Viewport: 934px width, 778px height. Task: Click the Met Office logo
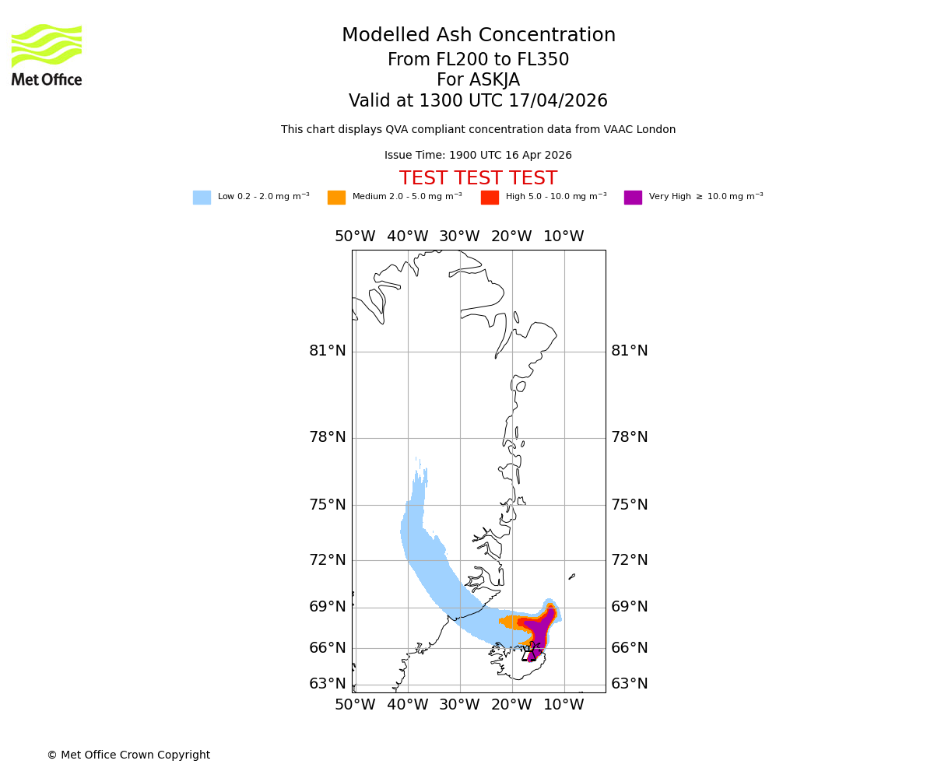(47, 54)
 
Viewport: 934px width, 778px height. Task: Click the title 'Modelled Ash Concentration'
(478, 36)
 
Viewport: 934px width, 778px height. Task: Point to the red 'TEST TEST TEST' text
(478, 178)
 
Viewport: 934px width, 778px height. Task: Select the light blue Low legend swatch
(202, 198)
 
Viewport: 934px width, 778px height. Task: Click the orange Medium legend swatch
(336, 198)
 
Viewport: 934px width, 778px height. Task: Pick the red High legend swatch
(490, 198)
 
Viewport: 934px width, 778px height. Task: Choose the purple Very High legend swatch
(633, 198)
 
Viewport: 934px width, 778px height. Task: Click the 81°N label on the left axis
(327, 351)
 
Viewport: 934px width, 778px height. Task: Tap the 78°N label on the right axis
(629, 437)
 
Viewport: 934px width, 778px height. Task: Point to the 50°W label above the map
(355, 237)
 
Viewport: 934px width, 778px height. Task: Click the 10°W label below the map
(564, 705)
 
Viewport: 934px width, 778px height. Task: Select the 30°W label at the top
(459, 237)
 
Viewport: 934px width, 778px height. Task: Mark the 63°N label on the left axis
(327, 684)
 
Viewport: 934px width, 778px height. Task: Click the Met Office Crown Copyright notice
(128, 755)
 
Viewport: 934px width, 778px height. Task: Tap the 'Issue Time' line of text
(478, 156)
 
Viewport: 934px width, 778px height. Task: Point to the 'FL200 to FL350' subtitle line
(478, 60)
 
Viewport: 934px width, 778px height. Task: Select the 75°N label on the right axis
(629, 505)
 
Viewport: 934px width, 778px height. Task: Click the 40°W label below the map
(407, 705)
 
